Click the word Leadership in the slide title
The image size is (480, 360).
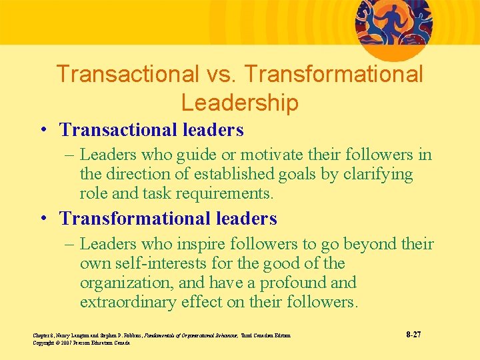(239, 103)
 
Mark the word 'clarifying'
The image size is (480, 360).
(378, 175)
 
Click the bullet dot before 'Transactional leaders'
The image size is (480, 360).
(42, 129)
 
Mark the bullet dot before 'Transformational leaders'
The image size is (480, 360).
(42, 219)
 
